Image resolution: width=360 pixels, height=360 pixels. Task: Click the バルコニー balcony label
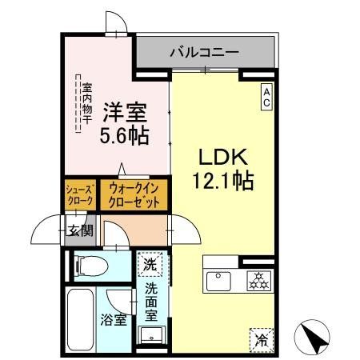[x=203, y=53]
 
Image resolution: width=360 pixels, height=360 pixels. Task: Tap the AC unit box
[x=266, y=98]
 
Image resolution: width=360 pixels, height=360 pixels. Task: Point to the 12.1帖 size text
[x=222, y=182]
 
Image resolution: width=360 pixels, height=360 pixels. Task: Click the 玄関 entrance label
[x=79, y=232]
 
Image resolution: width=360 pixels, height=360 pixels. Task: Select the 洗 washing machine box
[x=150, y=262]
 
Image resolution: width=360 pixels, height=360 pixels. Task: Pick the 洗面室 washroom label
[x=150, y=298]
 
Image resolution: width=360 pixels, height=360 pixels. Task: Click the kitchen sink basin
[x=218, y=280]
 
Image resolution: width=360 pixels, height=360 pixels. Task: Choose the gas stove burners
[x=257, y=280]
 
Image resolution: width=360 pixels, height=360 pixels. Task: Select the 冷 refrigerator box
[x=261, y=338]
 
